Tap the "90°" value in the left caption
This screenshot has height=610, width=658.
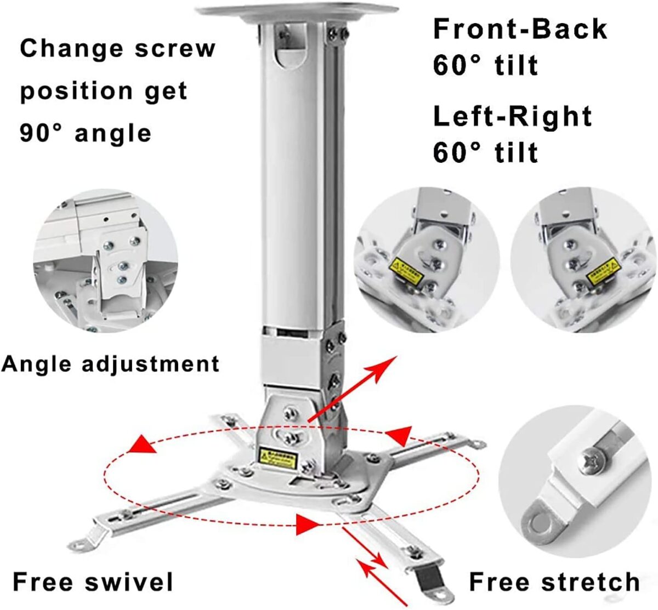tap(41, 133)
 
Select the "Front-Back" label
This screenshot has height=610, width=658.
tap(520, 29)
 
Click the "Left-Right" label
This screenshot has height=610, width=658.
tap(512, 116)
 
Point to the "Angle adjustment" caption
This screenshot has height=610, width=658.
tap(110, 364)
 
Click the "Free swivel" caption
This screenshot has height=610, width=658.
tap(93, 582)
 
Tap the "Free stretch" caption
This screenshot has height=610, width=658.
tap(554, 582)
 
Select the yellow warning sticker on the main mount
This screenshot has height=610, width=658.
tap(277, 459)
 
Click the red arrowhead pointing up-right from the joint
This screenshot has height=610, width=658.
tap(387, 364)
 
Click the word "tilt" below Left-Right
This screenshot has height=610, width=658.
tap(516, 152)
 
